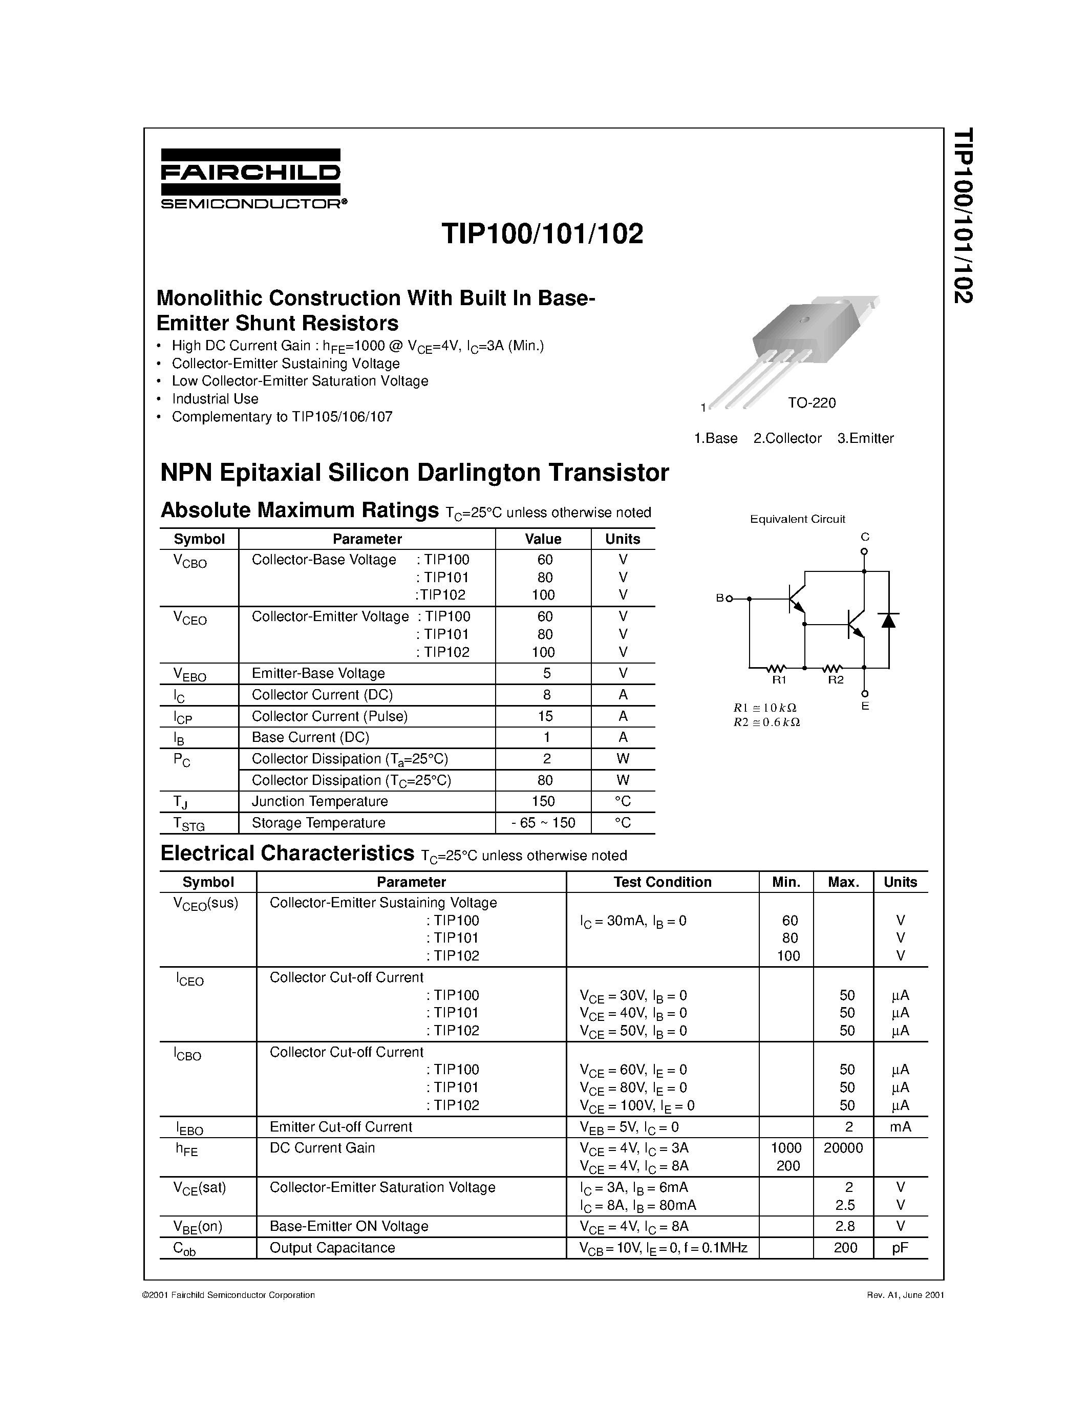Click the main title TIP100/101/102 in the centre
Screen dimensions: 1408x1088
pos(542,234)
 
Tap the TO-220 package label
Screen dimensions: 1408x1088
pos(812,403)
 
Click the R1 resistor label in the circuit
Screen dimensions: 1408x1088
pos(779,680)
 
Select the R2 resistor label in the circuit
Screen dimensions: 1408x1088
pos(836,680)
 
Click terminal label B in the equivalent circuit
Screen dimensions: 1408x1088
pos(720,598)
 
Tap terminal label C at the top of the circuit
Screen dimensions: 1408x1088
pos(865,537)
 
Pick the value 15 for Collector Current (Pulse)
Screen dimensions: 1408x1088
pos(545,716)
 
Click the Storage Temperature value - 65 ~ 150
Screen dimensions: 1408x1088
pos(543,823)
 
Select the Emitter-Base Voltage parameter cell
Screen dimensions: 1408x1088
pos(318,673)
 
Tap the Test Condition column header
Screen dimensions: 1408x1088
pos(662,882)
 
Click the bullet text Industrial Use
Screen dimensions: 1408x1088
pos(215,398)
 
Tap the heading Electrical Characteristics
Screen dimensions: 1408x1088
pos(287,854)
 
